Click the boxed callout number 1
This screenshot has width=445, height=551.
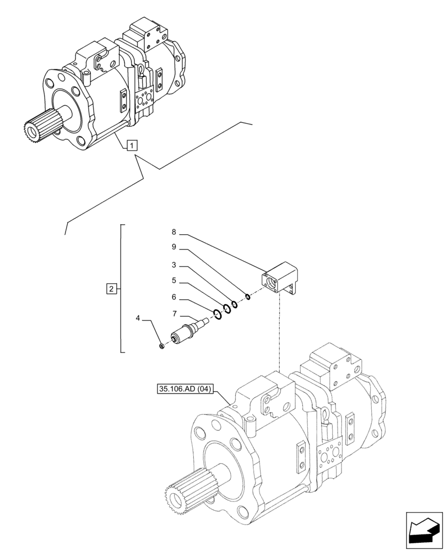click(x=132, y=145)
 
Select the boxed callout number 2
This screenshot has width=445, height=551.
click(x=111, y=288)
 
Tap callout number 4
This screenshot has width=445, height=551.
click(x=139, y=318)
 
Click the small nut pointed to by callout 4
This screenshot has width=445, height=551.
click(x=161, y=345)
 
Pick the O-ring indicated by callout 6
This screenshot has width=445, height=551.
click(x=217, y=314)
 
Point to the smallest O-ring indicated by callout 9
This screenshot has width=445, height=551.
click(x=248, y=298)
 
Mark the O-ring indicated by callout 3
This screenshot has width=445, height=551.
click(x=234, y=304)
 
